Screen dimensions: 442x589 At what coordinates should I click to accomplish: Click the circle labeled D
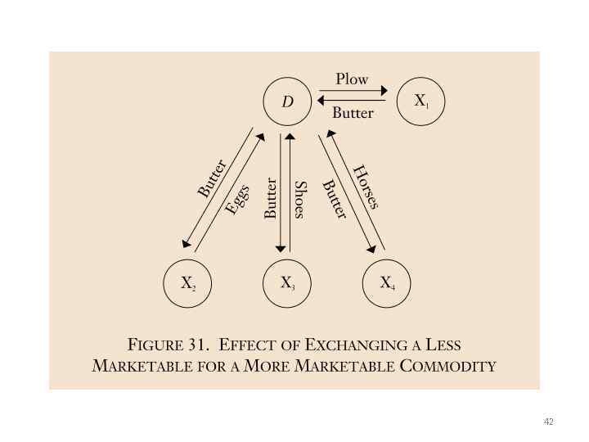pos(287,102)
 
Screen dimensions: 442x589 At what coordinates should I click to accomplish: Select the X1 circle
pos(420,101)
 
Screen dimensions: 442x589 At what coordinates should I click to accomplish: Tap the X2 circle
pos(187,284)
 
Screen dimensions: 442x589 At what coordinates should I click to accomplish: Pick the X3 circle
pos(287,284)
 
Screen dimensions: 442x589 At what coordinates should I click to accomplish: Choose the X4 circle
pos(387,284)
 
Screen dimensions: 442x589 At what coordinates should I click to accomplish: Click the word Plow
pos(352,79)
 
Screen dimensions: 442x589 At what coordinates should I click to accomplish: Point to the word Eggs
pos(236,199)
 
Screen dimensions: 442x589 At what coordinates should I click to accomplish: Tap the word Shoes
pos(299,200)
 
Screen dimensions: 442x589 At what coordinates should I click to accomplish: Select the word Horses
pos(366,187)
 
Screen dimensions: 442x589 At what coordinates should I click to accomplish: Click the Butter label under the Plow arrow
pos(353,113)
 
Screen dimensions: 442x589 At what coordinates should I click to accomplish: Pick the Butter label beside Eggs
pos(212,178)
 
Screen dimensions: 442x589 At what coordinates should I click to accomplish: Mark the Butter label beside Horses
pos(334,199)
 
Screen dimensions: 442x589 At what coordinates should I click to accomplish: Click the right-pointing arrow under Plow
pos(352,91)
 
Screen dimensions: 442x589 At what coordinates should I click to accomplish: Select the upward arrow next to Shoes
pos(289,192)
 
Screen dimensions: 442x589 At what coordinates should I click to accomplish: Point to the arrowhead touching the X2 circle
pos(187,244)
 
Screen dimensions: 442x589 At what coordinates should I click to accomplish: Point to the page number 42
pos(548,422)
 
